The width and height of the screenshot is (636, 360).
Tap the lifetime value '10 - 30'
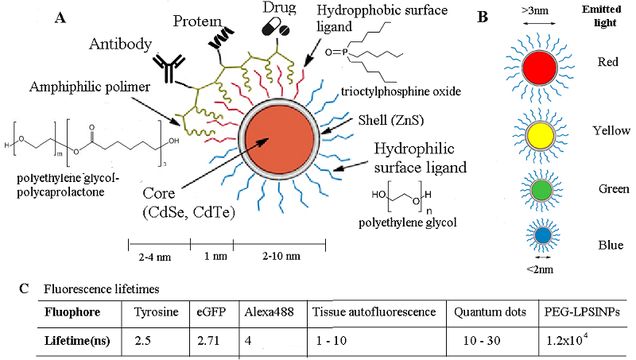479,339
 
